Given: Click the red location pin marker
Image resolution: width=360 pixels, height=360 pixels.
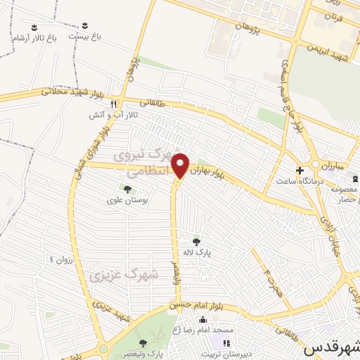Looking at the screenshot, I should tap(181, 165).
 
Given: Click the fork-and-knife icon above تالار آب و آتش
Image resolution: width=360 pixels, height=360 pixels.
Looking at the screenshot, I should tap(112, 101).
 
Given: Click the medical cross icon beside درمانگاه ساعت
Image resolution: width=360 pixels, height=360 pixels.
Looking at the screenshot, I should tap(300, 170).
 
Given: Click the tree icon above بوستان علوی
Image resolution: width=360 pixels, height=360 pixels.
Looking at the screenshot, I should tap(127, 188).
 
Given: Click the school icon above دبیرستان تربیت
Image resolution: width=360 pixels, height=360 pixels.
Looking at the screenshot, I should tap(226, 343).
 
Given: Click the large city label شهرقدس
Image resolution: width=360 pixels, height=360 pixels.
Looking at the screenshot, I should tap(330, 347).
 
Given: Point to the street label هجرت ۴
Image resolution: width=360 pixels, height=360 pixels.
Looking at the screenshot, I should tap(271, 281).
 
